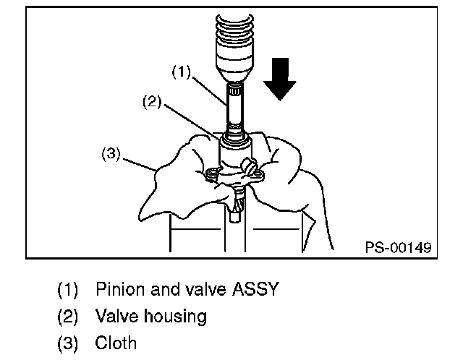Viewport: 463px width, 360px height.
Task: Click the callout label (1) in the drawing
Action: [181, 71]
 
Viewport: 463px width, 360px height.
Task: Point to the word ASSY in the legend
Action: [254, 290]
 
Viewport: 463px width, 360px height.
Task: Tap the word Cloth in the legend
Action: [115, 342]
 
